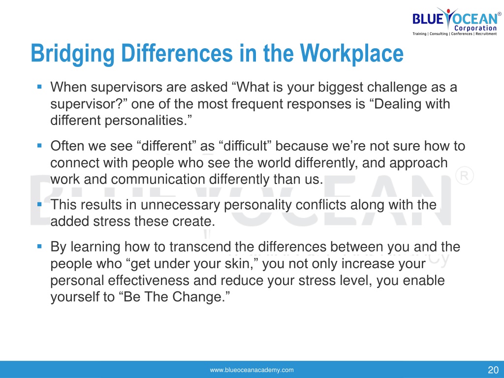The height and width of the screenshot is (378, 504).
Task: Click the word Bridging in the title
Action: click(72, 54)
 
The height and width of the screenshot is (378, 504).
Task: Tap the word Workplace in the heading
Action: click(351, 54)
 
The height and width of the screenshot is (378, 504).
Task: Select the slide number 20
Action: click(493, 370)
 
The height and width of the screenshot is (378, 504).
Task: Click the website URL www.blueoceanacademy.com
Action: click(252, 370)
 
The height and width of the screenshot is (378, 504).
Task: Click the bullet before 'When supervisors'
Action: click(39, 87)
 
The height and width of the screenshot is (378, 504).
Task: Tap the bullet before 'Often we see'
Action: click(39, 146)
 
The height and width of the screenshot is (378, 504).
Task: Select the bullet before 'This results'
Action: click(39, 204)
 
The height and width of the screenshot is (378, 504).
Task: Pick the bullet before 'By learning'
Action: click(39, 247)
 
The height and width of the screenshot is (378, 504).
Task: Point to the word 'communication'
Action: click(158, 179)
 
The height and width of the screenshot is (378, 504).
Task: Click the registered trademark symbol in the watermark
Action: click(465, 175)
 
